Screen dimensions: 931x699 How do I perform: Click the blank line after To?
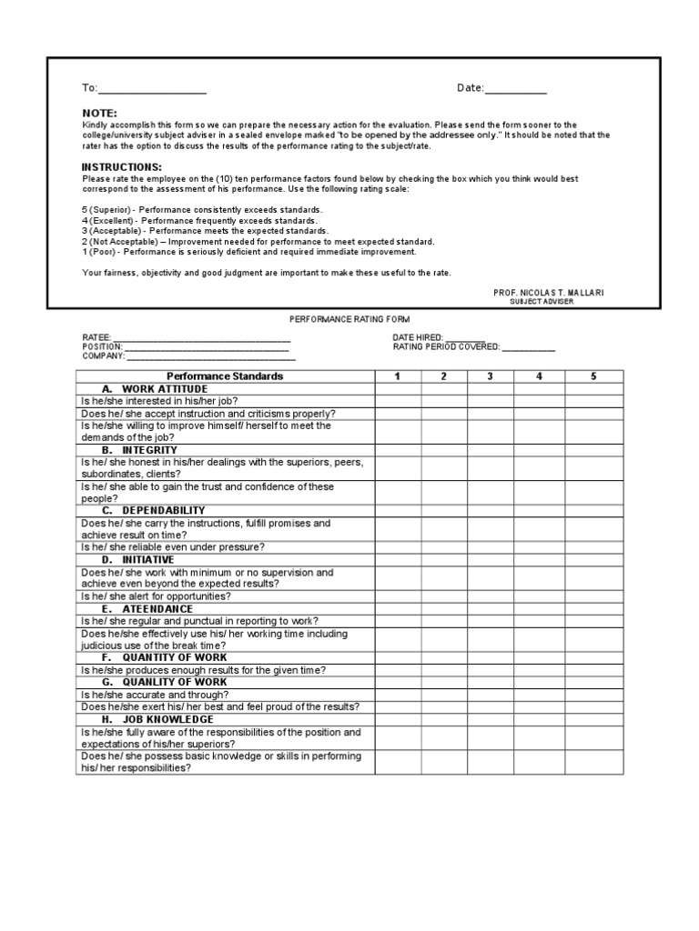(151, 90)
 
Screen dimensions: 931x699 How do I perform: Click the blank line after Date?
(515, 90)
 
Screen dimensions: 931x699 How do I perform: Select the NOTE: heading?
(99, 113)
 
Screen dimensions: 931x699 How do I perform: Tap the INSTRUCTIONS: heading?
(122, 167)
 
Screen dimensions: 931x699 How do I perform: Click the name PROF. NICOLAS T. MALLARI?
(548, 293)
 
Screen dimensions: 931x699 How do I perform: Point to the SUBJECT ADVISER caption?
(542, 302)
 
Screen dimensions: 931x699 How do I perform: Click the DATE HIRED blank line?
(465, 338)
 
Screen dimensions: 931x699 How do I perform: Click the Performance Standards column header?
(225, 376)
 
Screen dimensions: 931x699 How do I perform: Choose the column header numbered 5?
(593, 376)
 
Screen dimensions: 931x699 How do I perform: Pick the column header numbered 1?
(397, 376)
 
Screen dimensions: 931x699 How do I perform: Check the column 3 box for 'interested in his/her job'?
(491, 401)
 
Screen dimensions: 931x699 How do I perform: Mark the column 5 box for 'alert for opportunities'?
(593, 596)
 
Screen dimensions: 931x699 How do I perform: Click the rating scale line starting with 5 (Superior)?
(202, 210)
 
